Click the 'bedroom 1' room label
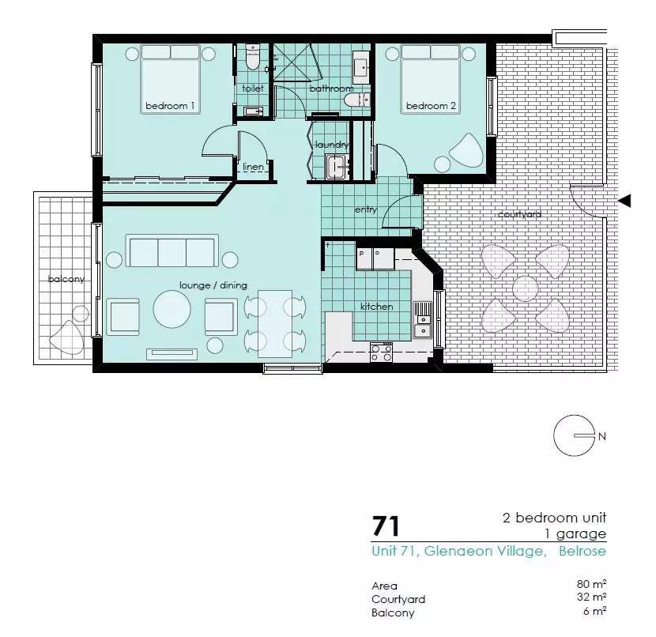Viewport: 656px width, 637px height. pyautogui.click(x=170, y=106)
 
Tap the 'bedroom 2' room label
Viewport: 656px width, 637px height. pyautogui.click(x=431, y=106)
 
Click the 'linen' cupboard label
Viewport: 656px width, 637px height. pyautogui.click(x=253, y=167)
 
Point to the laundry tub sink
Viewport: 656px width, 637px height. pyautogui.click(x=336, y=167)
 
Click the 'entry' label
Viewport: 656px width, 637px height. pyautogui.click(x=366, y=209)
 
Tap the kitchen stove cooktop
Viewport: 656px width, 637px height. pyautogui.click(x=381, y=352)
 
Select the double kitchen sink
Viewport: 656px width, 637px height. pyautogui.click(x=423, y=319)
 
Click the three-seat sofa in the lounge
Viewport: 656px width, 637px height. pyautogui.click(x=172, y=251)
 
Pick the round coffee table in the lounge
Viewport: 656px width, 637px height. pyautogui.click(x=172, y=310)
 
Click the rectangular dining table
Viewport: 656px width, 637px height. pyautogui.click(x=275, y=323)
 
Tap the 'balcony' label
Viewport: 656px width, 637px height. pyautogui.click(x=66, y=279)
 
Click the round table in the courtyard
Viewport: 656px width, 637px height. pyautogui.click(x=525, y=288)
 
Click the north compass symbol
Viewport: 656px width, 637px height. pyautogui.click(x=575, y=435)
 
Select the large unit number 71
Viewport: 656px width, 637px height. pyautogui.click(x=386, y=526)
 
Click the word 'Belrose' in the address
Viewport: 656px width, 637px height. pyautogui.click(x=582, y=551)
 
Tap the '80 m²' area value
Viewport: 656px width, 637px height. pyautogui.click(x=591, y=583)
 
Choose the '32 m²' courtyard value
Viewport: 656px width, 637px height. pyautogui.click(x=591, y=597)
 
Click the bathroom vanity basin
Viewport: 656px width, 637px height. pyautogui.click(x=361, y=67)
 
